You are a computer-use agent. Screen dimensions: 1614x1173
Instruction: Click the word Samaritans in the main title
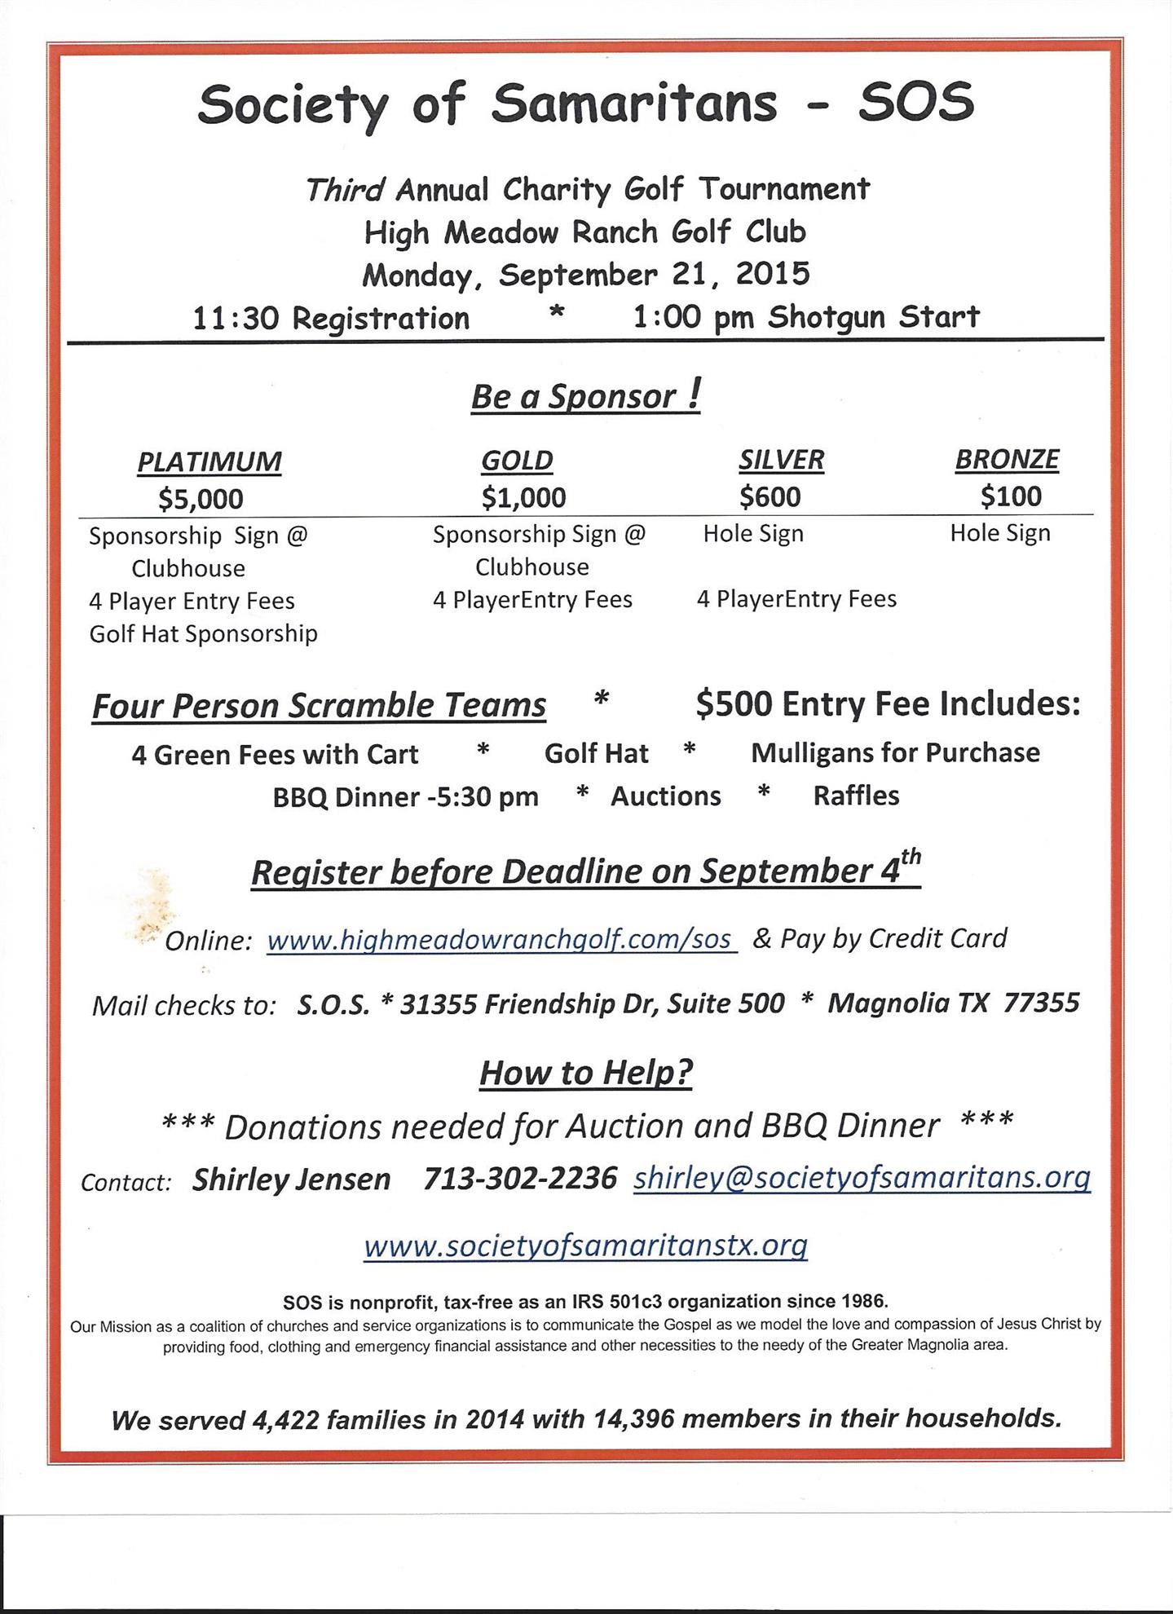coord(633,104)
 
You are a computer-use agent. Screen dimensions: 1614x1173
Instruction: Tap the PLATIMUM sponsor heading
coord(209,461)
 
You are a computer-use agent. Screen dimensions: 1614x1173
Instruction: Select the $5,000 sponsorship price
coord(201,498)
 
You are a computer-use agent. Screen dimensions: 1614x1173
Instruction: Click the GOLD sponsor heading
coord(517,461)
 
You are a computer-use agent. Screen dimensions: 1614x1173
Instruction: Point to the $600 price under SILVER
coord(770,496)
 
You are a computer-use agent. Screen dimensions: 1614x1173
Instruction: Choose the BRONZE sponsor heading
coord(1007,459)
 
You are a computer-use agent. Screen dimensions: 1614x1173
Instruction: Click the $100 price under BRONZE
coord(1011,496)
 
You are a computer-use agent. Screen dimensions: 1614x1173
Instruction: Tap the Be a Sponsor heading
coord(585,396)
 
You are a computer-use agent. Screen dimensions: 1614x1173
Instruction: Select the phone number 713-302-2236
coord(520,1179)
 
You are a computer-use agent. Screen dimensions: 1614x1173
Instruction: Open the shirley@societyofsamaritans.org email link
coord(862,1177)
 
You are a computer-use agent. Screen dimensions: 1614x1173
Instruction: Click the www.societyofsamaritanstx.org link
coord(585,1246)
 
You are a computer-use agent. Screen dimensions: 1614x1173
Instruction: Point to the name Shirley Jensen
coord(291,1180)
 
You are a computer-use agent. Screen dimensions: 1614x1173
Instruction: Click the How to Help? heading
coord(585,1073)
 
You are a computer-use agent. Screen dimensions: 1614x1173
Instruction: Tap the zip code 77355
coord(1041,1003)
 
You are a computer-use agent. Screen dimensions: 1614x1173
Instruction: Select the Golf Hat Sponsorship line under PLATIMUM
coord(203,633)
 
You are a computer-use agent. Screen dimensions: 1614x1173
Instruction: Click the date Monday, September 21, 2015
coord(585,274)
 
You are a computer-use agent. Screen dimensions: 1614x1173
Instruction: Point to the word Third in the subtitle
coord(344,190)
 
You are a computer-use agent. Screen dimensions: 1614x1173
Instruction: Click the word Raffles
coord(856,796)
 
